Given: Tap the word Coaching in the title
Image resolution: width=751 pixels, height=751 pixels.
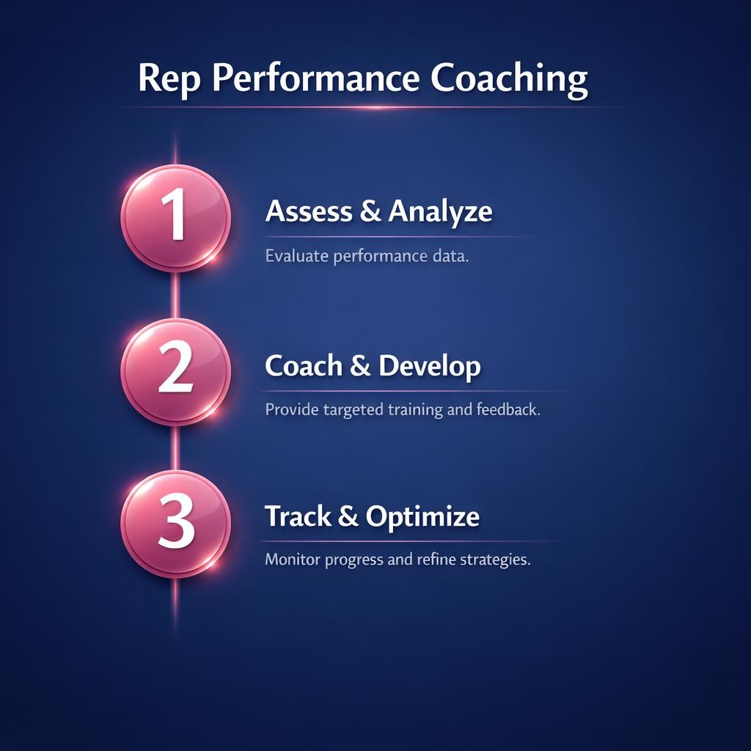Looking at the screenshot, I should click(x=508, y=78).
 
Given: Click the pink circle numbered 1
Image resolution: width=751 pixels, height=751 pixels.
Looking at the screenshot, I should click(x=175, y=219).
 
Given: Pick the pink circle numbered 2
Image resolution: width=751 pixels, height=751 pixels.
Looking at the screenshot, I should click(x=175, y=372).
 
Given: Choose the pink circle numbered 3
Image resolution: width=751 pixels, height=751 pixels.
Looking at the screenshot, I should click(x=175, y=524).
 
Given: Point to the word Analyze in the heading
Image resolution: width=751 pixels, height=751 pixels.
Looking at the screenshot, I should click(x=440, y=211).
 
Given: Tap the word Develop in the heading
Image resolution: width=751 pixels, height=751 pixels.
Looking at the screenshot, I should click(x=429, y=365).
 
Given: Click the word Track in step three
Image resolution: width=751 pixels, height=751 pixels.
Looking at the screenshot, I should click(x=297, y=516).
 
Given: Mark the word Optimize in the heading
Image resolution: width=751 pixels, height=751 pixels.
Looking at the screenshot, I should click(x=422, y=517).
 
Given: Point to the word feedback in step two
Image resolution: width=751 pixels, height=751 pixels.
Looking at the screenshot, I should click(x=508, y=409).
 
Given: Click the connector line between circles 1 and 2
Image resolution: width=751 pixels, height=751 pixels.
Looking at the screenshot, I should click(x=175, y=296).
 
